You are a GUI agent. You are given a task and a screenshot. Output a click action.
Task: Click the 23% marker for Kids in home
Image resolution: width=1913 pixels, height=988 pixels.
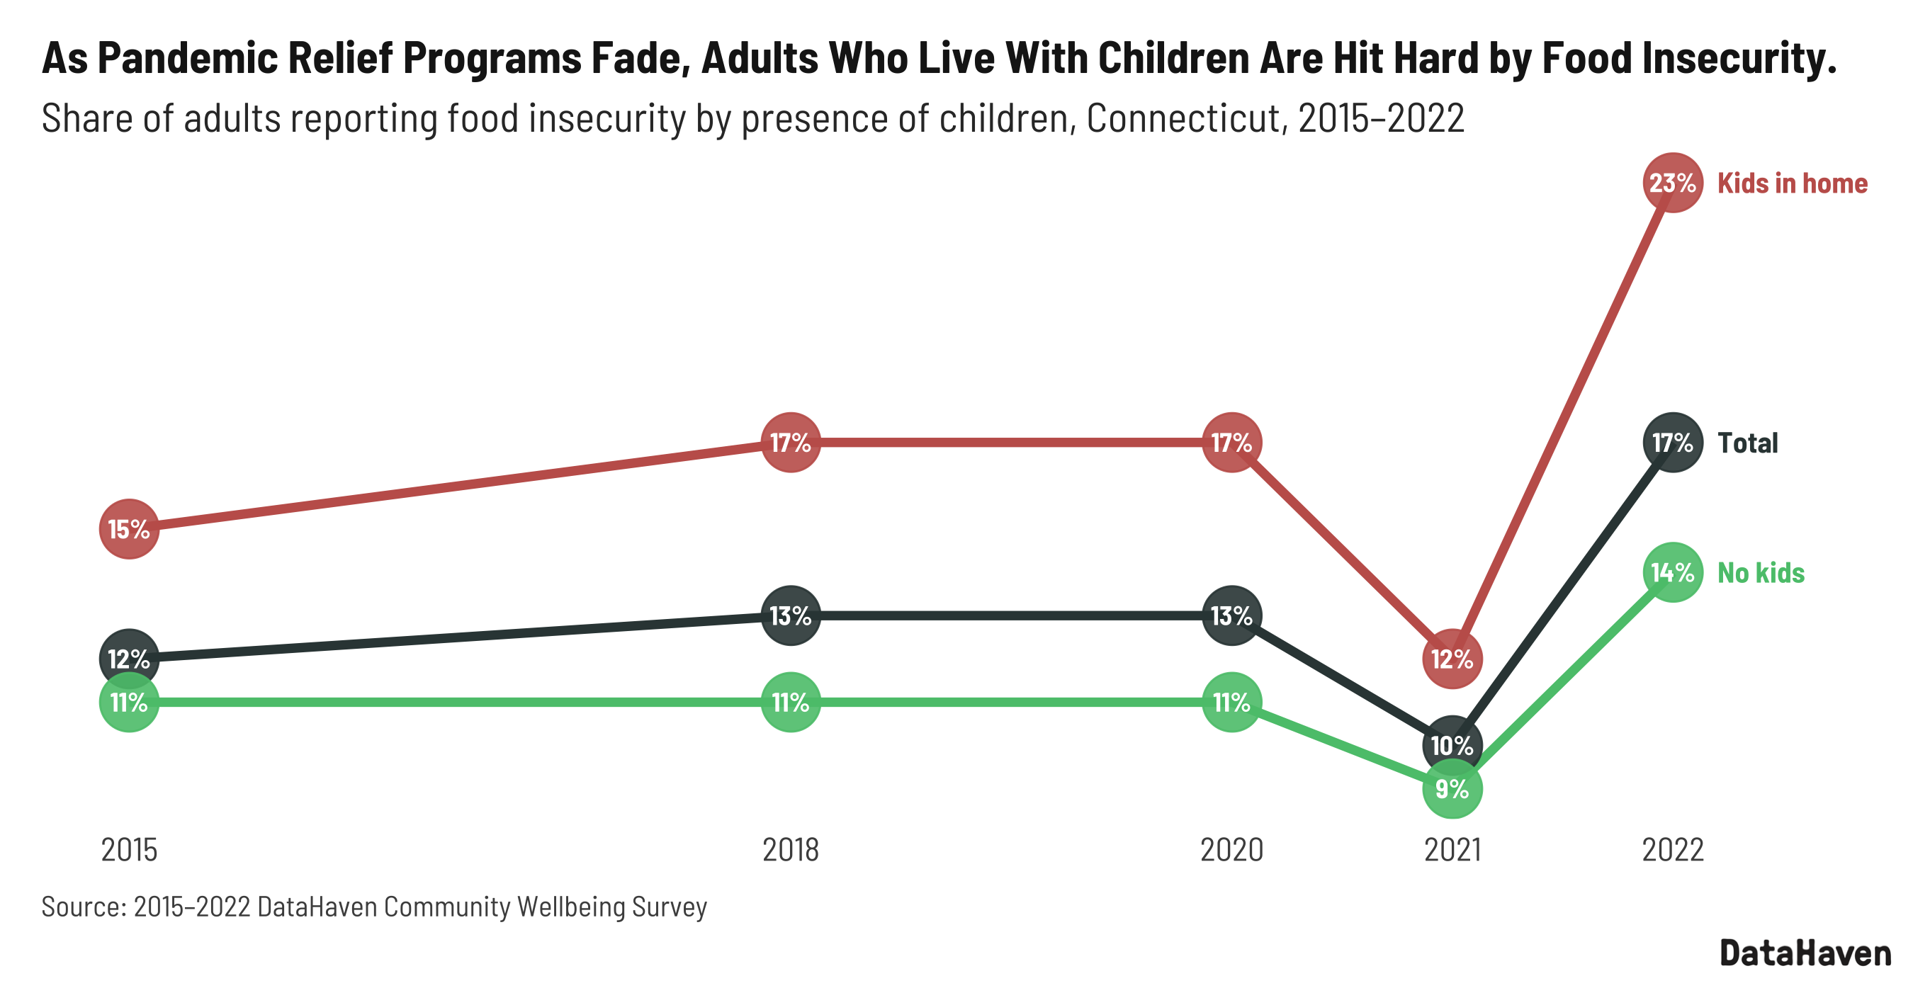(x=1671, y=183)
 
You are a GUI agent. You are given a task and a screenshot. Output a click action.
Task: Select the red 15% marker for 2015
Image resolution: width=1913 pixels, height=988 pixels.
(x=129, y=528)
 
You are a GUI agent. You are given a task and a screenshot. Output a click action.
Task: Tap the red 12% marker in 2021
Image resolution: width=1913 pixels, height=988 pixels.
(x=1452, y=659)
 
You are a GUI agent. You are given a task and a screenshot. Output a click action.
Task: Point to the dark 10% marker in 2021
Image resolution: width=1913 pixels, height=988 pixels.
(x=1452, y=745)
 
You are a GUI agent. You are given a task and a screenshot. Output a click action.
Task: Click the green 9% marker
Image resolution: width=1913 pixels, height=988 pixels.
(x=1452, y=788)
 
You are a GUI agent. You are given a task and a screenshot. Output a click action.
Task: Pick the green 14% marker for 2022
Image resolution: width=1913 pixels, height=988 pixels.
(x=1671, y=572)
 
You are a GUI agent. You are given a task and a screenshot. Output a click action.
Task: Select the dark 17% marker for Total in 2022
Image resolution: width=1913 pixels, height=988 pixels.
(x=1671, y=443)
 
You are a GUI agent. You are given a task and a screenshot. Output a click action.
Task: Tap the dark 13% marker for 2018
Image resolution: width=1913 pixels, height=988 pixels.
(x=790, y=615)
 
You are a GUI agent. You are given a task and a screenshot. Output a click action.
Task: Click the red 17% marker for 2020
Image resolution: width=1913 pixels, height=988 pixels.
(x=1231, y=443)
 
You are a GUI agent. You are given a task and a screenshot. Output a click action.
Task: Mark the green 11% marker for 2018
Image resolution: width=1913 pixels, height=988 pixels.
(x=790, y=702)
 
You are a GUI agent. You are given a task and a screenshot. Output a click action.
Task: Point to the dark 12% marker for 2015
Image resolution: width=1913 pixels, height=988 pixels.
(x=129, y=659)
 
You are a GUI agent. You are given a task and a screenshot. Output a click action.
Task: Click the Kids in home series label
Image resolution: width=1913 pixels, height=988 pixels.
(x=1791, y=183)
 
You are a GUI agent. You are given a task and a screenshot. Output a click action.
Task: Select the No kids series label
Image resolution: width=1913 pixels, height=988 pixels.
(x=1760, y=573)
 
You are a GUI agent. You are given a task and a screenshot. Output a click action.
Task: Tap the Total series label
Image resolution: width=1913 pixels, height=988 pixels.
(x=1746, y=443)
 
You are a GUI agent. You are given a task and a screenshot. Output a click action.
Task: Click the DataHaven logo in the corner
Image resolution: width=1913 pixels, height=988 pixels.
(x=1805, y=953)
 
